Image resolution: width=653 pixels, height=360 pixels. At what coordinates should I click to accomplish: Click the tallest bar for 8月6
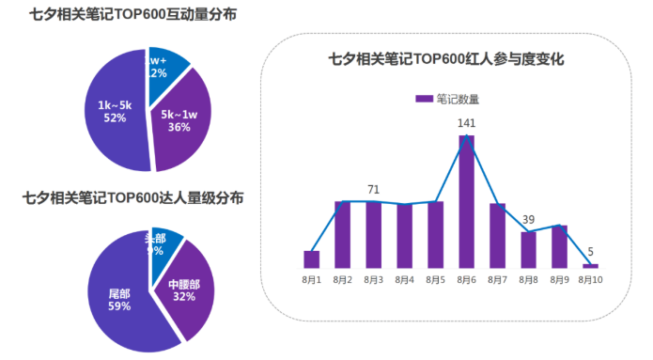[x=466, y=201]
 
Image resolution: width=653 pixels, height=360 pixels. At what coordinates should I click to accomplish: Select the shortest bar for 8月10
[x=589, y=266]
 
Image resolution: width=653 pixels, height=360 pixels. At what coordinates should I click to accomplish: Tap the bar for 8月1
[x=312, y=259]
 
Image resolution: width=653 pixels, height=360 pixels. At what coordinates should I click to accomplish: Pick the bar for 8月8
[x=528, y=250]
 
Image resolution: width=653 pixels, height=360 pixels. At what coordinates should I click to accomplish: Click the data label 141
[x=466, y=123]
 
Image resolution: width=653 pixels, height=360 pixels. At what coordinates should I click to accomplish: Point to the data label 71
[x=374, y=190]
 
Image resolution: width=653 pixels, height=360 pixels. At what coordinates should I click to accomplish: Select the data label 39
[x=528, y=219]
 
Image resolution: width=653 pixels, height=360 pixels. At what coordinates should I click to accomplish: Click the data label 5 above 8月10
[x=590, y=251]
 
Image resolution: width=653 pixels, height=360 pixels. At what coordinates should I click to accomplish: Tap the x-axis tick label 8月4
[x=404, y=280]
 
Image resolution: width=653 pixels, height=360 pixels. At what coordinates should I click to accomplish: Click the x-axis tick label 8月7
[x=497, y=280]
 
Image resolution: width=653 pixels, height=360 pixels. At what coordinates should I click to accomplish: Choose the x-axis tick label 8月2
[x=342, y=280]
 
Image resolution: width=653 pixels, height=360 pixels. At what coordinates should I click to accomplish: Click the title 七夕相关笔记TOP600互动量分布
[x=119, y=16]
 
